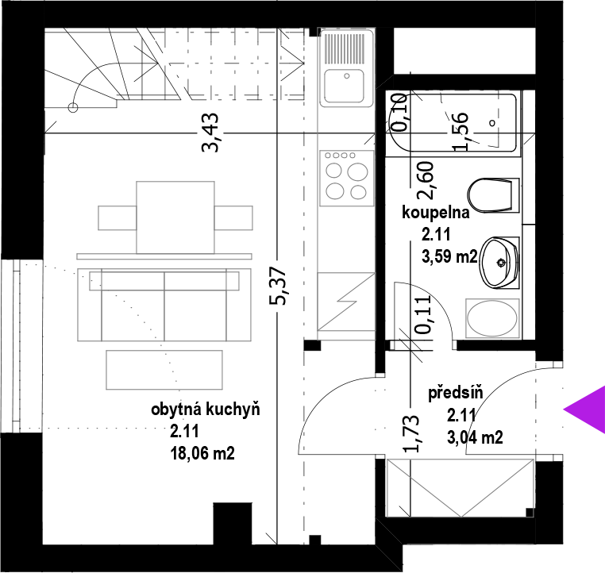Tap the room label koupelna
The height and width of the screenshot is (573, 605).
pyautogui.click(x=436, y=213)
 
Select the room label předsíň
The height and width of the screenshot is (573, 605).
pyautogui.click(x=456, y=393)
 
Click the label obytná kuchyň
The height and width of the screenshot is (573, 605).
pyautogui.click(x=206, y=410)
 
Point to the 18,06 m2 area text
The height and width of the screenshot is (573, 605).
pyautogui.click(x=202, y=453)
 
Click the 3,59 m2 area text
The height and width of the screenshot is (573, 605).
pyautogui.click(x=449, y=256)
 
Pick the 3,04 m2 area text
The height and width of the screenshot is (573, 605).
pyautogui.click(x=475, y=437)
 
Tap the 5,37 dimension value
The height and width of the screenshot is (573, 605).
pyautogui.click(x=279, y=286)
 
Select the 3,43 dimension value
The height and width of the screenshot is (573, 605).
pyautogui.click(x=211, y=133)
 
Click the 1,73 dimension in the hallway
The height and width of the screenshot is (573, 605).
pyautogui.click(x=411, y=433)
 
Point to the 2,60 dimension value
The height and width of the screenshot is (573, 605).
pyautogui.click(x=426, y=180)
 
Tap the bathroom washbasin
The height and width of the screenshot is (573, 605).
pyautogui.click(x=499, y=262)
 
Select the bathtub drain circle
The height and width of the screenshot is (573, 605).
pyautogui.click(x=492, y=123)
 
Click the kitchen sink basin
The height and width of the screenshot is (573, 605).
pyautogui.click(x=344, y=86)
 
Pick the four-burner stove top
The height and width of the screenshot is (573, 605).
pyautogui.click(x=346, y=178)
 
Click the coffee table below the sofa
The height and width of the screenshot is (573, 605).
pyautogui.click(x=164, y=369)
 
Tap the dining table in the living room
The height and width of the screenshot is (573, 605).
pyautogui.click(x=175, y=217)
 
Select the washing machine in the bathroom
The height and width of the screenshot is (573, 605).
pyautogui.click(x=492, y=319)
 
